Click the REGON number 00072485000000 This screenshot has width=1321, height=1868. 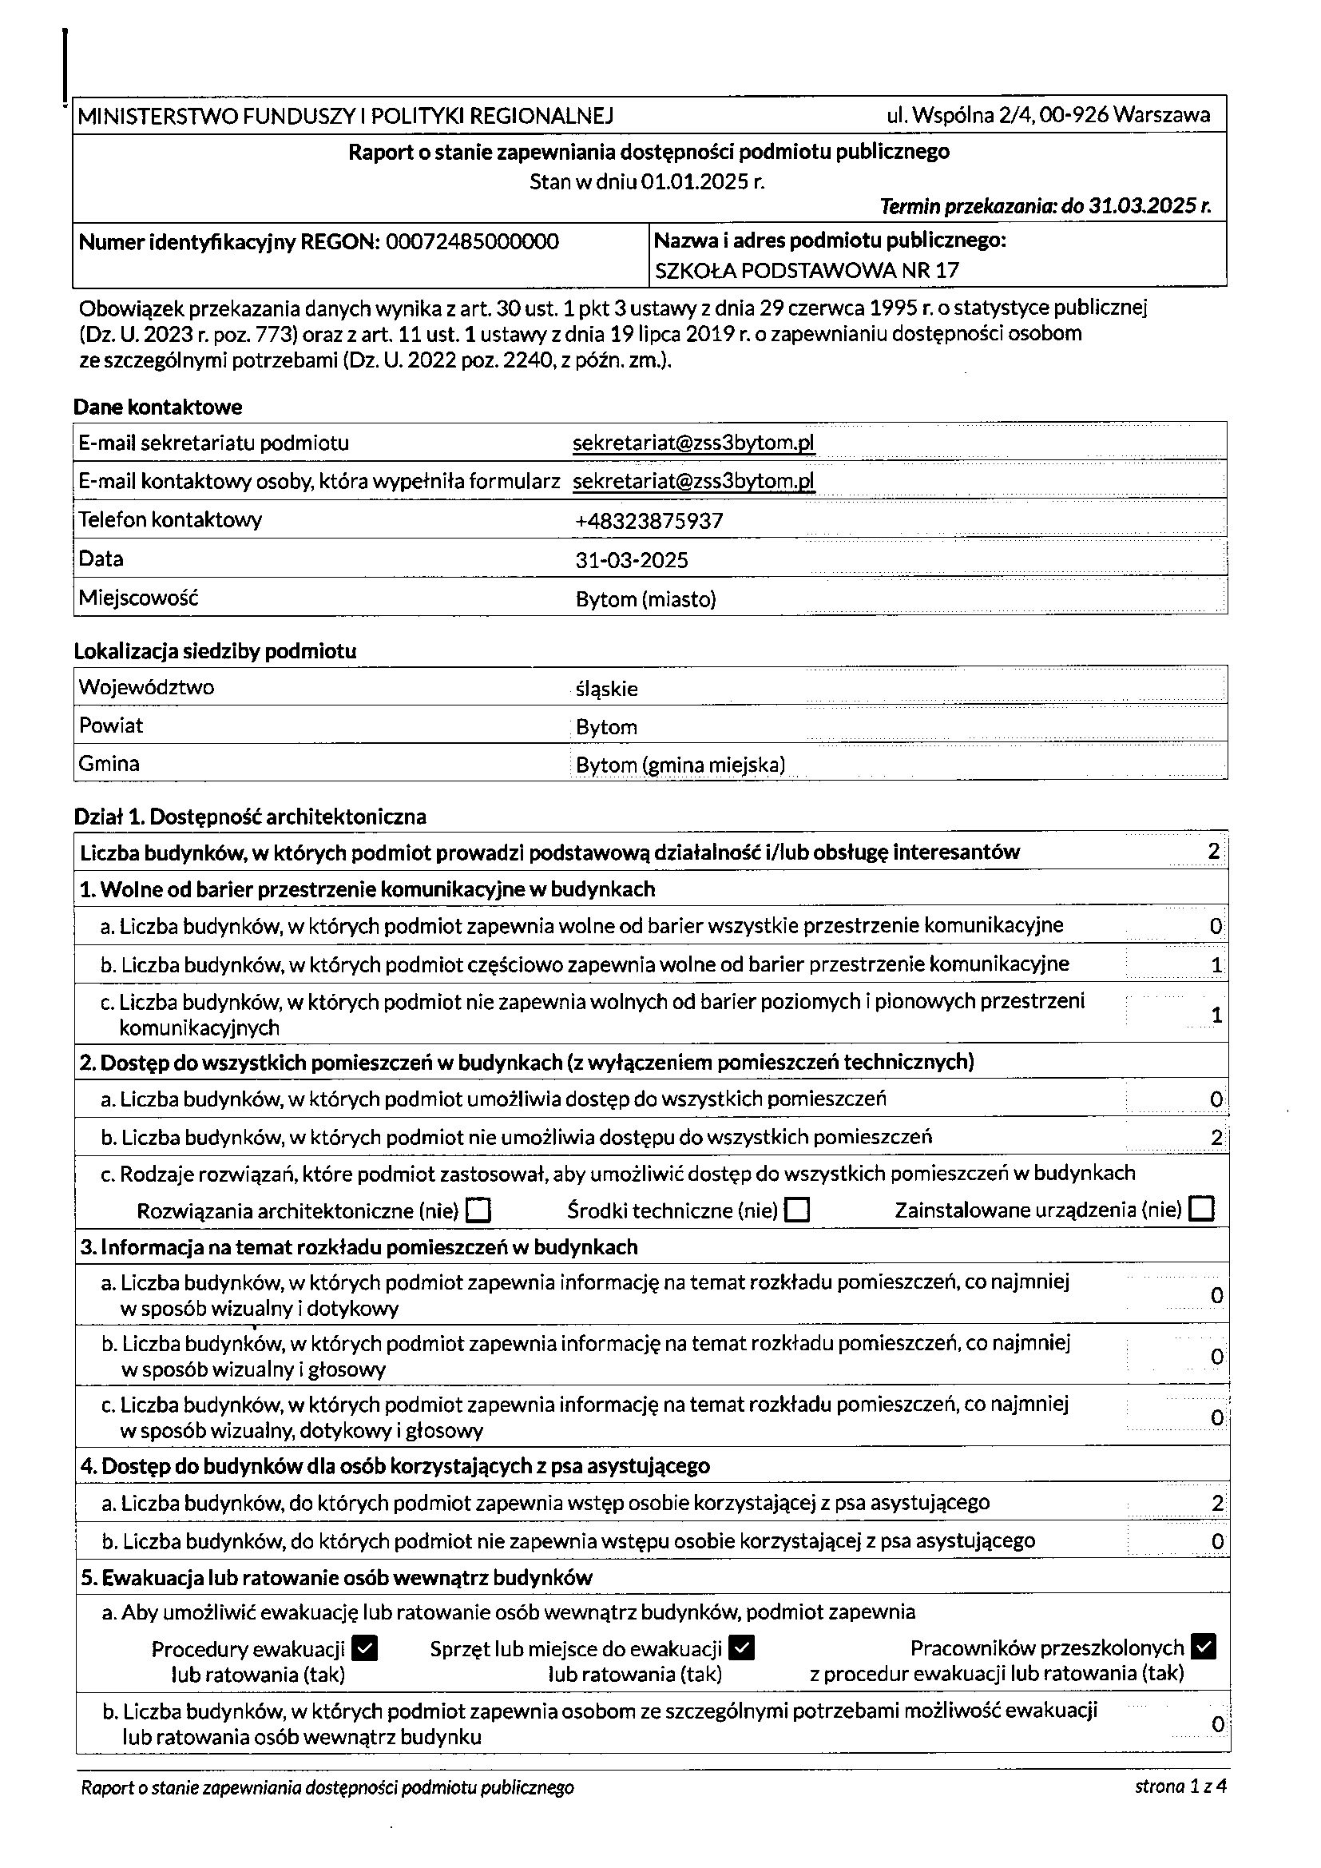[x=472, y=241]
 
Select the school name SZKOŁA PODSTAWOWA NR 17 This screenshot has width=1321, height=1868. [x=806, y=271]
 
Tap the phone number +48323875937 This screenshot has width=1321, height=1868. [x=649, y=522]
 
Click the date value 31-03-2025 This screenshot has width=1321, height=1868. [x=632, y=561]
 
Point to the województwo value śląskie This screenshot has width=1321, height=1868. [x=607, y=689]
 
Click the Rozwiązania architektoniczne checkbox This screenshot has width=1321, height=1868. [x=478, y=1210]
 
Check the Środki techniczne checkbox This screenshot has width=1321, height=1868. [x=797, y=1210]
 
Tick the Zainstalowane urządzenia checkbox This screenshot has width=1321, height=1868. [x=1200, y=1209]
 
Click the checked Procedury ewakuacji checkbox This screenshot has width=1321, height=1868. [x=366, y=1649]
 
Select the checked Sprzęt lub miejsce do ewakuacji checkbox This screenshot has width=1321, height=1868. [x=742, y=1648]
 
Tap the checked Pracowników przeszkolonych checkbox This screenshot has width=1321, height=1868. [x=1203, y=1647]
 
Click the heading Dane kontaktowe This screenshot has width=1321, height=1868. [x=158, y=407]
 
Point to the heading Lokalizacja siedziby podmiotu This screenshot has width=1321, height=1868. [x=215, y=651]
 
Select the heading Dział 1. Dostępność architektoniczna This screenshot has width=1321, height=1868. [x=250, y=816]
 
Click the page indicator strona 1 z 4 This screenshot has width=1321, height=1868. [x=1180, y=1787]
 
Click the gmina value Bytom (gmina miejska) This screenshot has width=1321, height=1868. [x=680, y=765]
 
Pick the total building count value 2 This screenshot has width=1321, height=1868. [x=1214, y=852]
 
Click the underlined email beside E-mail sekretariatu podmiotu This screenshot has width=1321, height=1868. [x=694, y=443]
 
